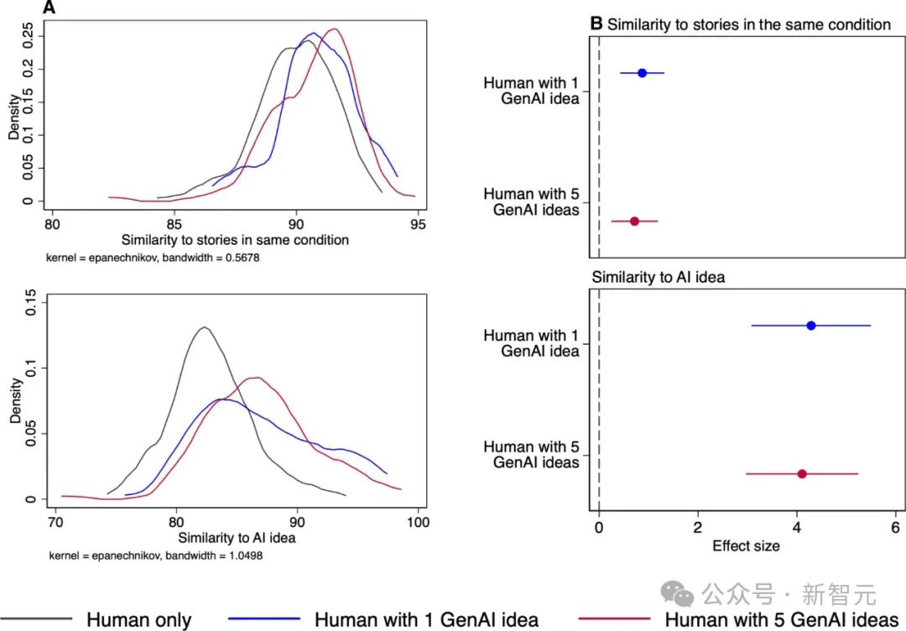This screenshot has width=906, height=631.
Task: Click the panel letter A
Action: (50, 8)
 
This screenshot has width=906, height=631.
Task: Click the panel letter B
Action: (596, 23)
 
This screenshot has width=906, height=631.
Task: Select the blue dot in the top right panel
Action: (643, 73)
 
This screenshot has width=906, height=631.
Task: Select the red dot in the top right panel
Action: (634, 221)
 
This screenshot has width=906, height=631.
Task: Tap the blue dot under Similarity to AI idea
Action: (811, 326)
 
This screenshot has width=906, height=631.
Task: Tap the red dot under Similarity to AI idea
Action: (802, 474)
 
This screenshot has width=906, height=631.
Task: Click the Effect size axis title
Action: (746, 546)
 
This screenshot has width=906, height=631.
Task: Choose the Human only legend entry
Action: (138, 620)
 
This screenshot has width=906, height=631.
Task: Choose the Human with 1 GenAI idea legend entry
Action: (426, 620)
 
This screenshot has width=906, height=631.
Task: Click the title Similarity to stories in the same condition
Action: (748, 24)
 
